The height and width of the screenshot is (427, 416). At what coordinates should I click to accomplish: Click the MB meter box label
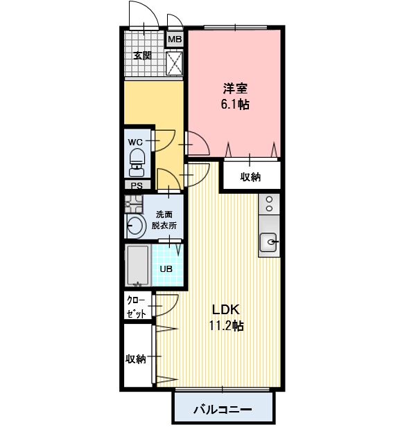[175, 39]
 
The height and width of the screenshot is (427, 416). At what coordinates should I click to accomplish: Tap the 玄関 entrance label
[142, 56]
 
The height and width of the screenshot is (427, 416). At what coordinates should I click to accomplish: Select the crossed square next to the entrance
[174, 63]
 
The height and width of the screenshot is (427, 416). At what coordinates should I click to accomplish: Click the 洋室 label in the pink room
[235, 89]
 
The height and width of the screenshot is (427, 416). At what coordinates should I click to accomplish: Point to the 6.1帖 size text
[235, 104]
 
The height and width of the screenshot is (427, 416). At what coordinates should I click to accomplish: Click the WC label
[135, 142]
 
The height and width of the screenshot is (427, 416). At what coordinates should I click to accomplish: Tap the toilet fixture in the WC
[137, 163]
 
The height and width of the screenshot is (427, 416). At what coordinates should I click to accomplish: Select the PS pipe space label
[137, 185]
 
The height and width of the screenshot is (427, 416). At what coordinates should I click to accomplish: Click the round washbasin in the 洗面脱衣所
[135, 226]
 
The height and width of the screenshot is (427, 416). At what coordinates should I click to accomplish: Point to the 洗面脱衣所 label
[164, 220]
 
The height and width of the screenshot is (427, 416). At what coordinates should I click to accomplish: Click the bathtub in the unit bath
[138, 265]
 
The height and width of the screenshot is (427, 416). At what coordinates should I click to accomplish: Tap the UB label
[166, 269]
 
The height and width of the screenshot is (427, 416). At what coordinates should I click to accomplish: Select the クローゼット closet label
[137, 307]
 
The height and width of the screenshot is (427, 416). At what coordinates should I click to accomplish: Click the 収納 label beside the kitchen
[250, 177]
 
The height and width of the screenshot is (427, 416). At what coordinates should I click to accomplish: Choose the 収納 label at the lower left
[136, 359]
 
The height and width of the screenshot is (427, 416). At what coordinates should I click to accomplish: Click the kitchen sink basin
[268, 242]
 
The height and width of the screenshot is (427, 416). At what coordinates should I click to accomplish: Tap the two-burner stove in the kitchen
[269, 204]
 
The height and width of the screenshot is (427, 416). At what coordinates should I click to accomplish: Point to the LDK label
[226, 310]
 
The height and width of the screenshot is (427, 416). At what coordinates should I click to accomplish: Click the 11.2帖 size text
[227, 325]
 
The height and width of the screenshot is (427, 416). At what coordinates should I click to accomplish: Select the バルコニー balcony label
[223, 409]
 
